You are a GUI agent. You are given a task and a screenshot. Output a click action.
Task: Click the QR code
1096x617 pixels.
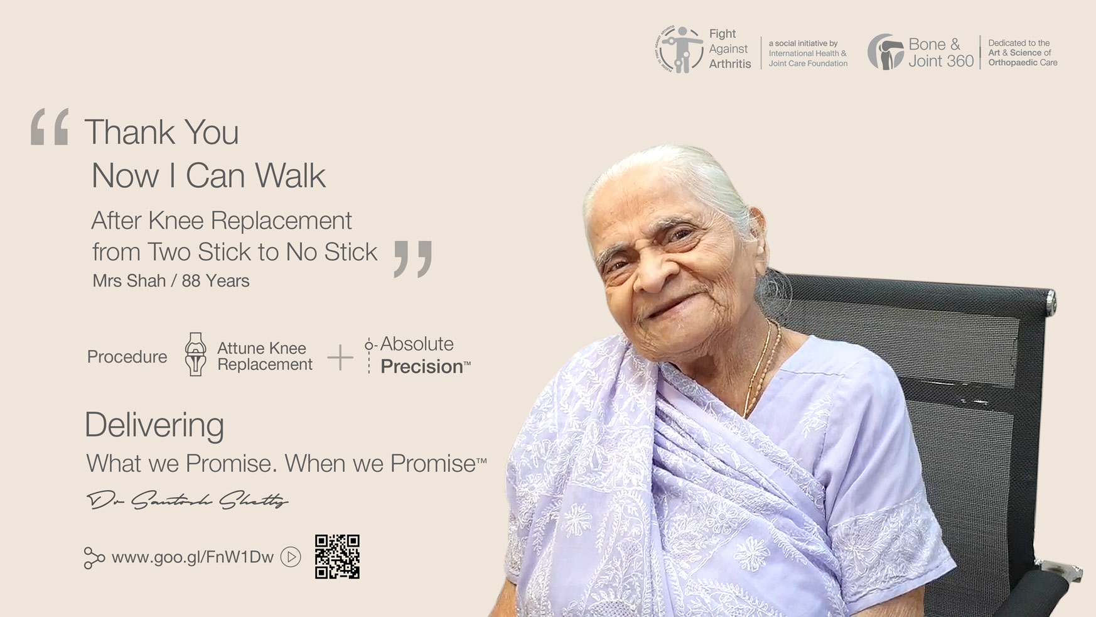pos(337,557)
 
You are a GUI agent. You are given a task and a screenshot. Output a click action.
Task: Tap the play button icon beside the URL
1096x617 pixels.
pos(291,557)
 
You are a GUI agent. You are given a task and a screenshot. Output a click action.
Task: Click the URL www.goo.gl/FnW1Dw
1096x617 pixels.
pos(192,557)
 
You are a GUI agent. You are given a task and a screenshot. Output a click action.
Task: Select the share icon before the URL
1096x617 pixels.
pos(94,558)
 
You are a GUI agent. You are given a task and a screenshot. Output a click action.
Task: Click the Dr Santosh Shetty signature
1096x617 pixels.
pos(187,500)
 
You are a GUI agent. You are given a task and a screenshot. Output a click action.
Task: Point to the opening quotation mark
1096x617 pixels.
pos(50,127)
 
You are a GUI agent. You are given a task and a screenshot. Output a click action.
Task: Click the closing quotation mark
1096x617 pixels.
pos(413,259)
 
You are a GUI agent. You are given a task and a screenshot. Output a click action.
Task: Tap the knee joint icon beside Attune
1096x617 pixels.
pos(196,354)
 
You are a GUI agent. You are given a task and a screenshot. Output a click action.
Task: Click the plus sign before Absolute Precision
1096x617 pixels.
pos(340,358)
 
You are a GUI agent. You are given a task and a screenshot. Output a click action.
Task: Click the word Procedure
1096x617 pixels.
pos(127,357)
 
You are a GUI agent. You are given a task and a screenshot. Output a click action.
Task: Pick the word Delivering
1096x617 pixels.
pos(154,425)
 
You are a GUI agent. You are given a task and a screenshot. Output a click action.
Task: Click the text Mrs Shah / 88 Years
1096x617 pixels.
pos(171,281)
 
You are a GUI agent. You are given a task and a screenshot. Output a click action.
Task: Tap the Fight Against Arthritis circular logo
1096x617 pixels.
pos(679,49)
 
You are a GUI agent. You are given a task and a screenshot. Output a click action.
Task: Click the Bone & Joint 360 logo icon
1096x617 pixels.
pos(885,52)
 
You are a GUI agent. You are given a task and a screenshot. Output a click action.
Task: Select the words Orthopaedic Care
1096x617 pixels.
pos(1023,63)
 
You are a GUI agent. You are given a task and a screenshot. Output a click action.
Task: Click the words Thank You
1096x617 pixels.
pos(161,133)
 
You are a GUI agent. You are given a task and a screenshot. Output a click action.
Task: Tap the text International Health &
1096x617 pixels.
pos(807,53)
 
